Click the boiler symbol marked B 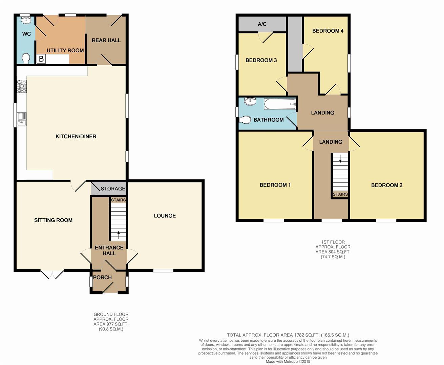(41, 59)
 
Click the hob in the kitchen (21, 86)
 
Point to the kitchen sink (21, 118)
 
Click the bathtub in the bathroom (279, 104)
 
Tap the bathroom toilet (245, 120)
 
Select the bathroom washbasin (250, 101)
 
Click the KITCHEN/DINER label (76, 137)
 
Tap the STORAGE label (113, 189)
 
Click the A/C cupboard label (262, 24)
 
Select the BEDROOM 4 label (327, 31)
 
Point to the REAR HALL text (106, 40)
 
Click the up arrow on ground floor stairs (118, 233)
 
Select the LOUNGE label (165, 216)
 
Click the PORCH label (102, 277)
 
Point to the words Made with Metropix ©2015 (288, 362)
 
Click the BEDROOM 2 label (386, 185)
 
